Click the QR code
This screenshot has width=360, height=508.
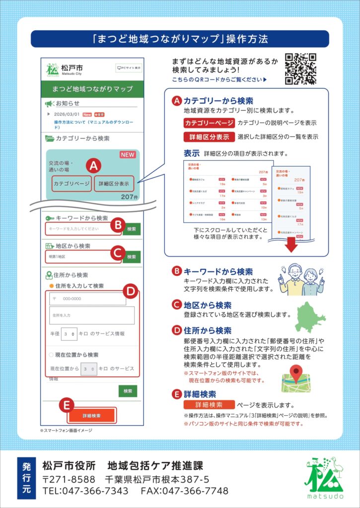click(x=300, y=69)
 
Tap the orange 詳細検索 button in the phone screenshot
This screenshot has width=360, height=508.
click(x=92, y=415)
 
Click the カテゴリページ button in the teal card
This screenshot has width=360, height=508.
click(x=72, y=184)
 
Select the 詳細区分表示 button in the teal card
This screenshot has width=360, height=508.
click(x=114, y=184)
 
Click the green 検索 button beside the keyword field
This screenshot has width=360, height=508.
click(x=132, y=229)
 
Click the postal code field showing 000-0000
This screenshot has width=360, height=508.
click(x=88, y=299)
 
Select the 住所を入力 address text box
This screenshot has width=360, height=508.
click(x=92, y=315)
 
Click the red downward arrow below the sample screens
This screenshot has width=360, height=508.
click(x=291, y=245)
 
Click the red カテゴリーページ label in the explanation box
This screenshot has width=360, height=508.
click(x=209, y=123)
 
